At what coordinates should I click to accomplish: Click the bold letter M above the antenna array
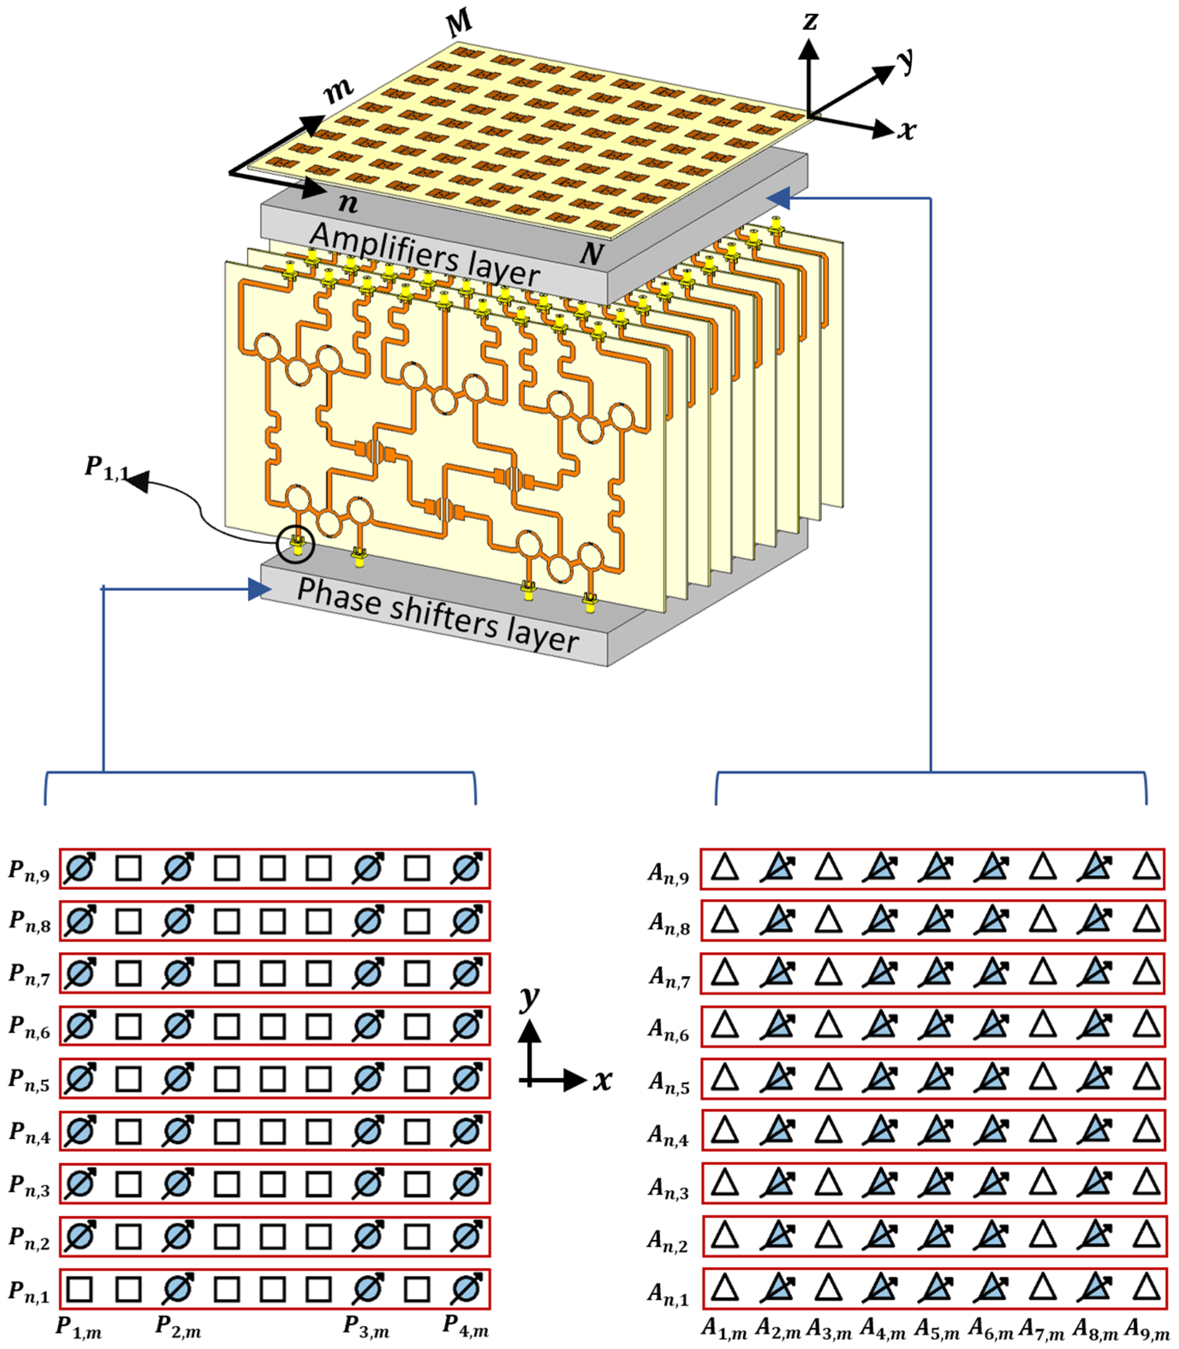tap(458, 24)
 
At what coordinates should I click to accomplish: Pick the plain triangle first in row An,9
tap(725, 868)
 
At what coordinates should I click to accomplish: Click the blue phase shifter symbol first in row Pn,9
tap(80, 868)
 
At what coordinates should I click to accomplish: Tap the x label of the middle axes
tap(602, 1081)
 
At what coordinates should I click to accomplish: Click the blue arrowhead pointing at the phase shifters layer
tap(260, 589)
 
